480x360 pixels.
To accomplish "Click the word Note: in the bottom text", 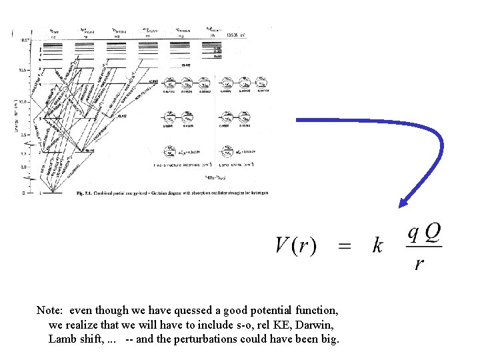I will coord(51,311).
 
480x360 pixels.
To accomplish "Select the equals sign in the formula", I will coord(345,246).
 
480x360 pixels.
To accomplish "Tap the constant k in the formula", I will coord(378,246).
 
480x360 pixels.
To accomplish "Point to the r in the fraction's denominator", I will coord(419,264).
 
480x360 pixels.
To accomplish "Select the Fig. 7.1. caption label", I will coord(85,193).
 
